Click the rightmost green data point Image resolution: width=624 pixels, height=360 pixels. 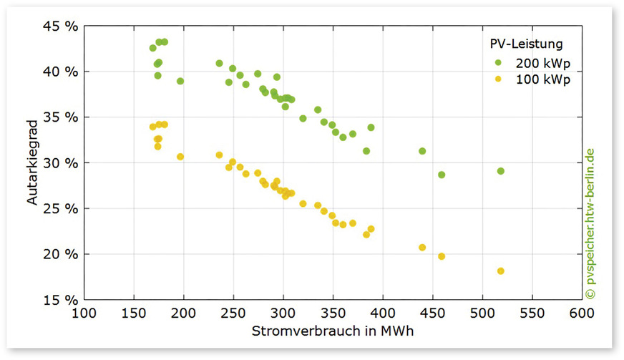[x=500, y=171]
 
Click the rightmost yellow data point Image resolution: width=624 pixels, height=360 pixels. [x=500, y=271]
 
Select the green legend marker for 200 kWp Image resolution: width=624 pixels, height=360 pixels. [x=498, y=62]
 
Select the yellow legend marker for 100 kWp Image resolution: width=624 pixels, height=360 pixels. [x=498, y=80]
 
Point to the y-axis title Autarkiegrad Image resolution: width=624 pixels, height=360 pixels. [x=33, y=162]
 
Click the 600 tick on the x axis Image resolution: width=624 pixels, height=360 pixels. [x=582, y=313]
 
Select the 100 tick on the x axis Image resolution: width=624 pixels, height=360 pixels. [x=84, y=313]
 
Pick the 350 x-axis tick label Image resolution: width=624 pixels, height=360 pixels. [x=333, y=313]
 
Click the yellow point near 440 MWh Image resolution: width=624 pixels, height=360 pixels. [x=422, y=248]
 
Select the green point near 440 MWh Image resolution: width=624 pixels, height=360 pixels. [x=422, y=151]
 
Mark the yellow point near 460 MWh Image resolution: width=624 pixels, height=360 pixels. [x=442, y=256]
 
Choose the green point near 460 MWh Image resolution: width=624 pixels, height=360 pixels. [x=442, y=175]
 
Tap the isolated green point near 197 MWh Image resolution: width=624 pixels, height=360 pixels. [x=180, y=81]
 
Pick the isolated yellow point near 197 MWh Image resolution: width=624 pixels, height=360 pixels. [x=180, y=157]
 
